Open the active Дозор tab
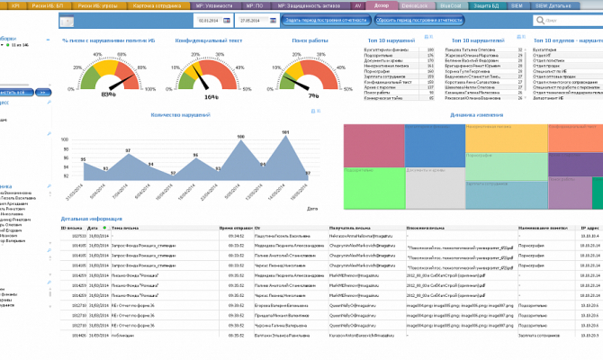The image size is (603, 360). point(381,4)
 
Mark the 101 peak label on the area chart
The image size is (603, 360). point(285,131)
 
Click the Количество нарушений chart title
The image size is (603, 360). point(180,114)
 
